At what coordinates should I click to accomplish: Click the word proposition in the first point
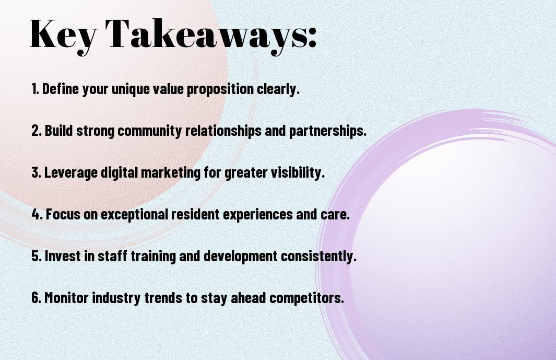(220, 89)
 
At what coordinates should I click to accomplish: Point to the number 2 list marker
(36, 131)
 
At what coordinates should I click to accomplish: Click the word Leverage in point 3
(70, 173)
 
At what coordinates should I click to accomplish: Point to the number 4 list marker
(37, 214)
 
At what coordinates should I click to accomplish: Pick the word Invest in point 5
(63, 256)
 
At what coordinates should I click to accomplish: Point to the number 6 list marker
(36, 297)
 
